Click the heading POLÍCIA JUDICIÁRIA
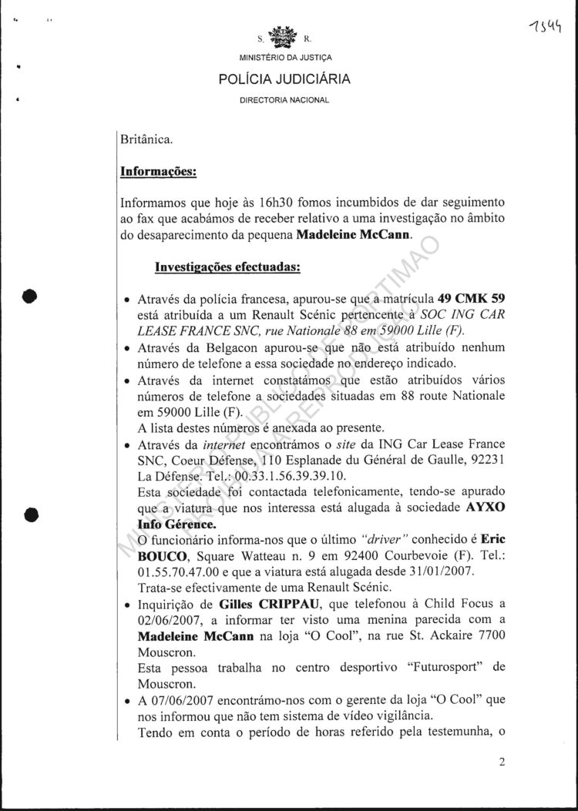[x=284, y=79]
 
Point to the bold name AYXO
[x=486, y=509]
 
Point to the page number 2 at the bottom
[x=502, y=763]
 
